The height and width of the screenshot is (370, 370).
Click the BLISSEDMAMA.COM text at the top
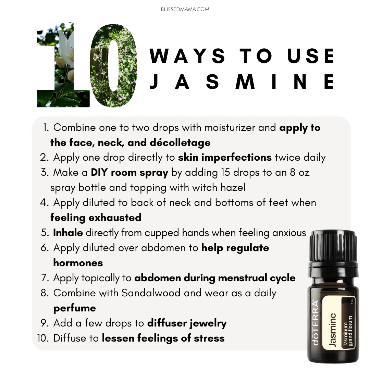pyautogui.click(x=185, y=9)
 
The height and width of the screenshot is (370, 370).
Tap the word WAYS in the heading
pyautogui.click(x=188, y=56)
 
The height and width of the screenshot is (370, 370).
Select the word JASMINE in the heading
pyautogui.click(x=242, y=82)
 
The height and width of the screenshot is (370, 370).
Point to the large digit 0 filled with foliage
pyautogui.click(x=113, y=65)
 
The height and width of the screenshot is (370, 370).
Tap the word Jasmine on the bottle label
pyautogui.click(x=332, y=330)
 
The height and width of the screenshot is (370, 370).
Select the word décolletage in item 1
pyautogui.click(x=180, y=143)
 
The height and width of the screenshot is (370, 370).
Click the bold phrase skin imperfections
pyautogui.click(x=225, y=157)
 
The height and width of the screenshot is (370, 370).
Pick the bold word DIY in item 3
pyautogui.click(x=99, y=172)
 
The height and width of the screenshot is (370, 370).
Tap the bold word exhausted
pyautogui.click(x=115, y=217)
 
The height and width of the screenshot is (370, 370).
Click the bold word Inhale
pyautogui.click(x=68, y=233)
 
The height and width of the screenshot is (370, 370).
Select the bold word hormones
pyautogui.click(x=78, y=263)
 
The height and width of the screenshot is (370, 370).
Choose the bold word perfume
pyautogui.click(x=75, y=308)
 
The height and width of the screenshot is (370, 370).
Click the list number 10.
pyautogui.click(x=43, y=338)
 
